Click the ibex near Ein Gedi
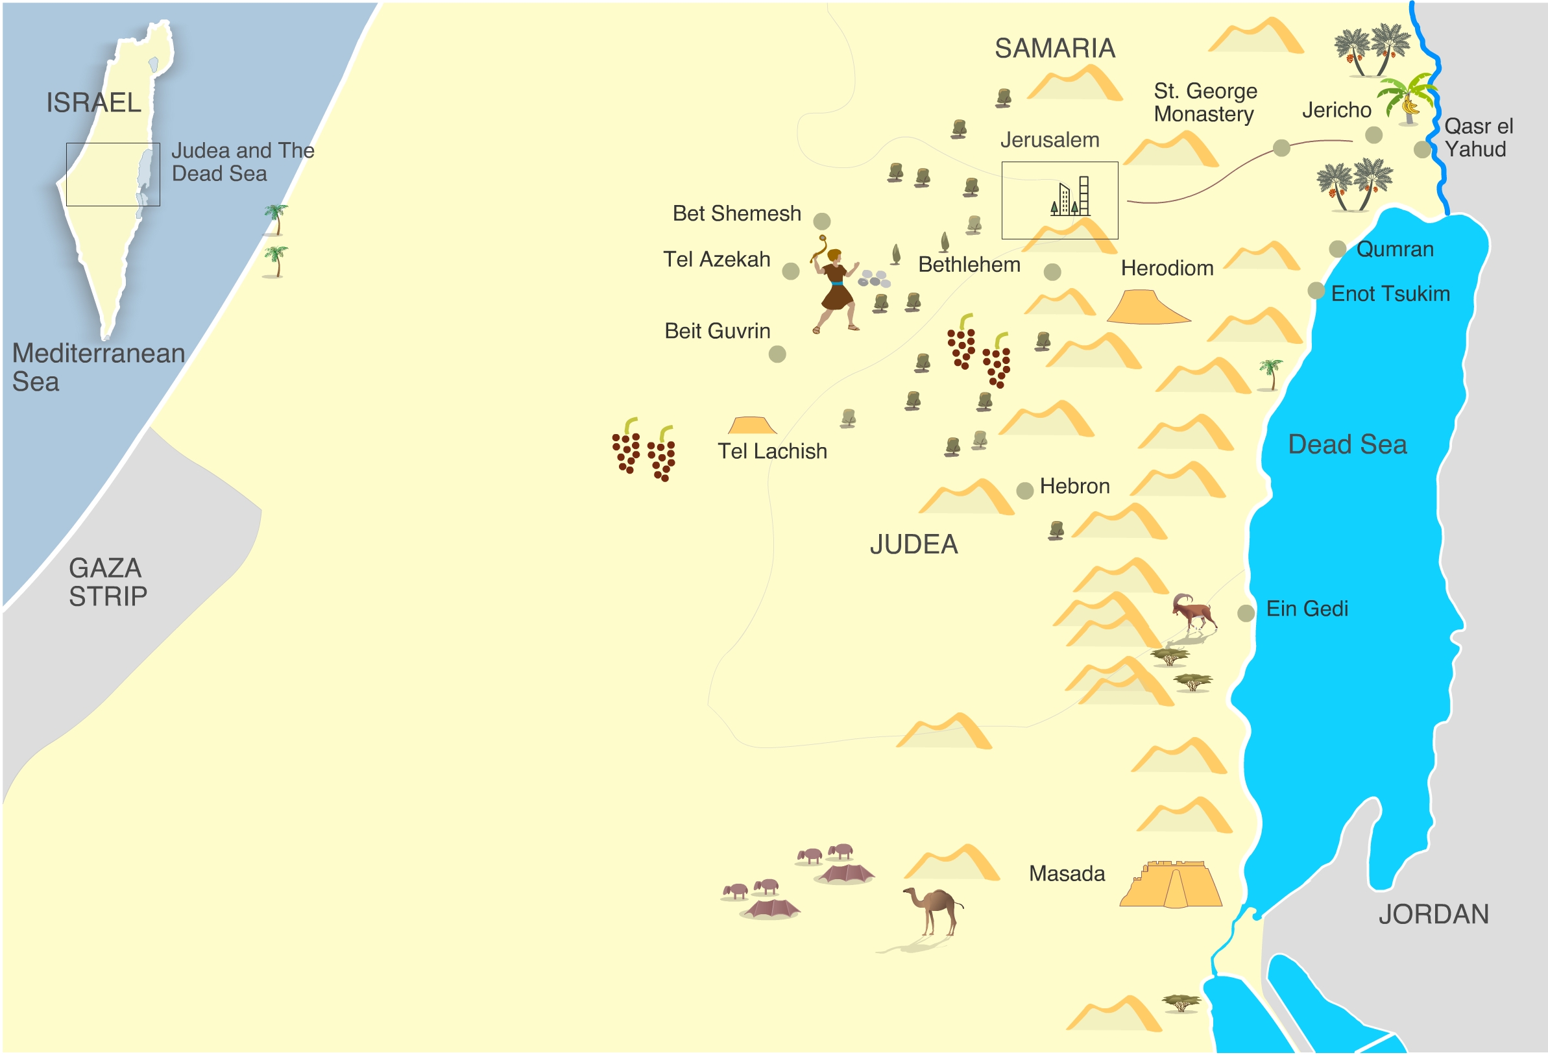[1194, 611]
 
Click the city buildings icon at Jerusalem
[1070, 197]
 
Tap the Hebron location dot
[1024, 491]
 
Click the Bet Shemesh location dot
[822, 221]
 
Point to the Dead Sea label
[1347, 444]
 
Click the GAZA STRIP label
[106, 582]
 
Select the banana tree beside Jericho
[1407, 100]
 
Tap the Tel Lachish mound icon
[752, 426]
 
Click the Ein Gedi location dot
[1246, 613]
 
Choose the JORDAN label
[1433, 914]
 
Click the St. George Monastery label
[1204, 103]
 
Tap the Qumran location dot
[1338, 249]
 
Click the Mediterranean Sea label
[98, 367]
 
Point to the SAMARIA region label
[1054, 49]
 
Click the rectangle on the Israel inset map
[113, 175]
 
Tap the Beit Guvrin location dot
[777, 354]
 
